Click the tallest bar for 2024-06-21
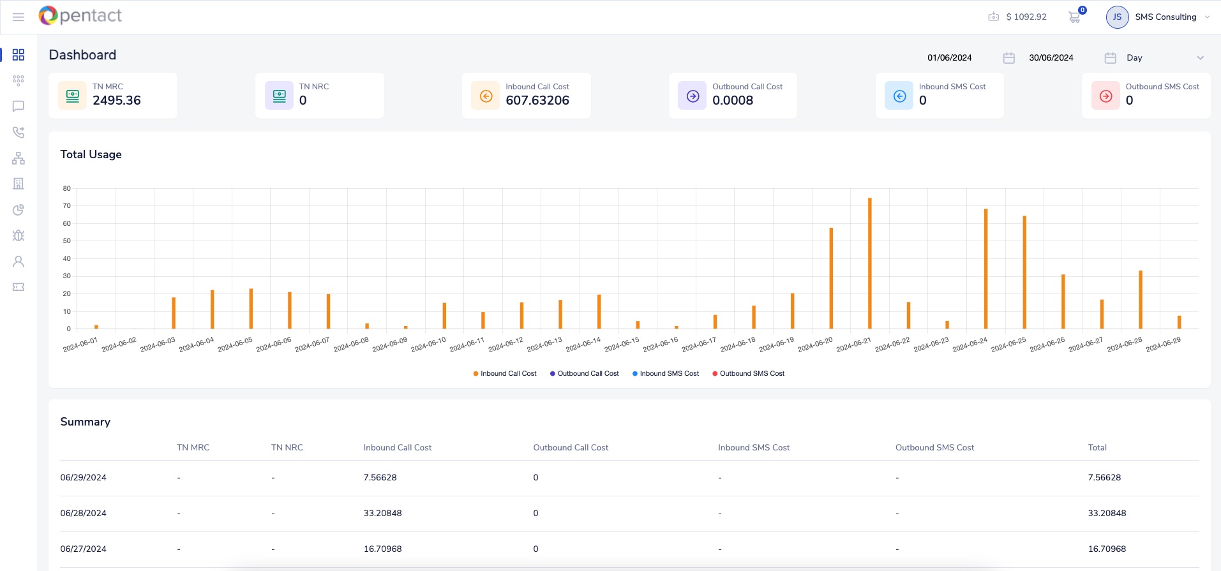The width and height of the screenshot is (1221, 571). [869, 263]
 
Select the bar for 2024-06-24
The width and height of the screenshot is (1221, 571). [985, 269]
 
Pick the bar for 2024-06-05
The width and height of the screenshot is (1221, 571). [251, 309]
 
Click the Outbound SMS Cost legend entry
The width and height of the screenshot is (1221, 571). [751, 374]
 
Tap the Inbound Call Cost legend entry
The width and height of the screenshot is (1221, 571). [507, 374]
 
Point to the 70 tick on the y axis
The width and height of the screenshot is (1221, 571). [67, 206]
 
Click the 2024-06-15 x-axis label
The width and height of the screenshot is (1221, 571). [622, 345]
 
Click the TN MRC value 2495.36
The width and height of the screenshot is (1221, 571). [117, 100]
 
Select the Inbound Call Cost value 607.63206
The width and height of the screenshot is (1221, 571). [537, 100]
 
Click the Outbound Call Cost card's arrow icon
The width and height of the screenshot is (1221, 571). [693, 96]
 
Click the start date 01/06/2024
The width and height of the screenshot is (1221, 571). [949, 58]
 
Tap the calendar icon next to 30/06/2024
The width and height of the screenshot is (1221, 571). [1110, 58]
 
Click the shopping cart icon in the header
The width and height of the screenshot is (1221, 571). [1074, 17]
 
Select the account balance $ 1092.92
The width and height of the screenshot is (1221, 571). [1026, 17]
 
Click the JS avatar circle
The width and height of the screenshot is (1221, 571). [1117, 17]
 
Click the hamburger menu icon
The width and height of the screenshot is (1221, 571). [19, 17]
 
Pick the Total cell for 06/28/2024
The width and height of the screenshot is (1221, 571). [1107, 513]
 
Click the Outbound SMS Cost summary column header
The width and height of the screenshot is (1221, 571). [934, 448]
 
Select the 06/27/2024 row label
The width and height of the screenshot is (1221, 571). [84, 549]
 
